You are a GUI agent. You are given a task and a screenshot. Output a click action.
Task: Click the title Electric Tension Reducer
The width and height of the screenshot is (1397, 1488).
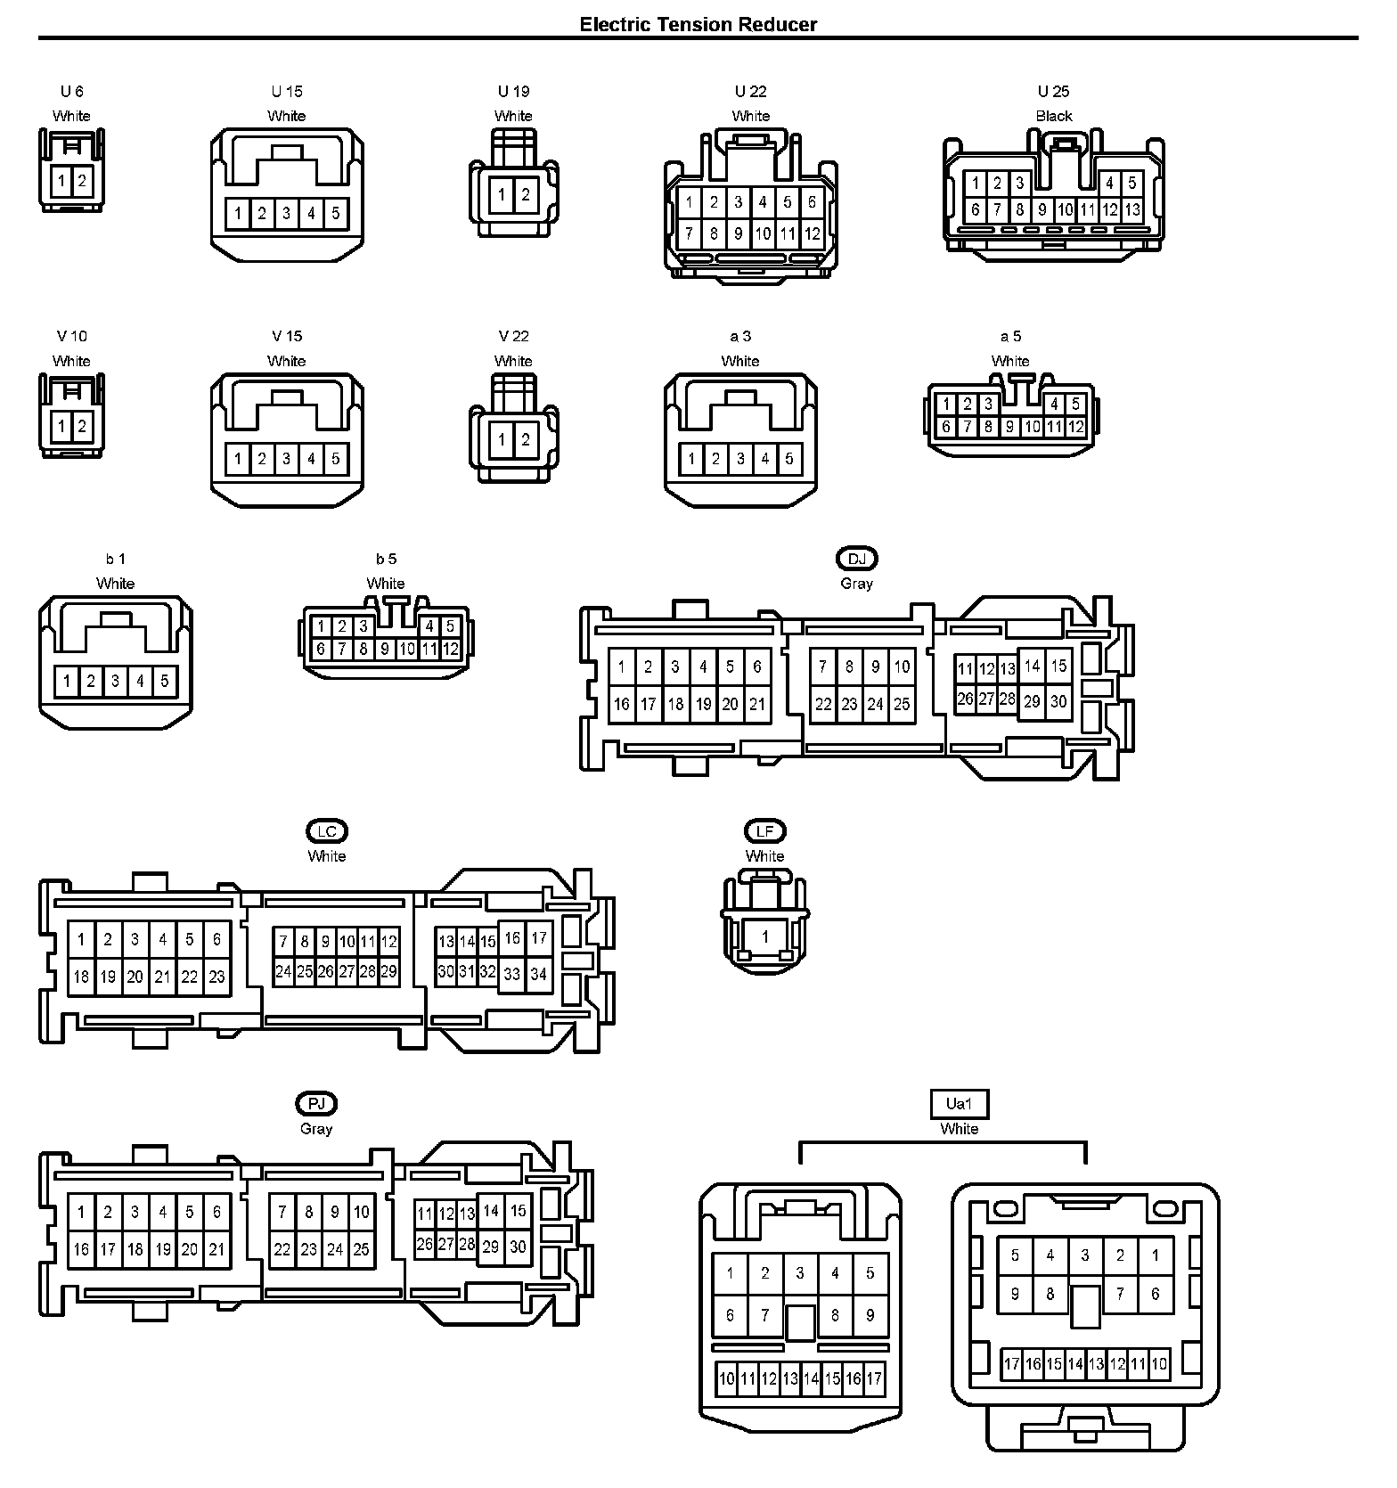pyautogui.click(x=698, y=24)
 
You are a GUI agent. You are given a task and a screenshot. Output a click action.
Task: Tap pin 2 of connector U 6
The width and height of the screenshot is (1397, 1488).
pyautogui.click(x=82, y=181)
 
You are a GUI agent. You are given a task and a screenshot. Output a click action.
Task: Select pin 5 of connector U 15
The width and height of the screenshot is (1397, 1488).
pyautogui.click(x=336, y=214)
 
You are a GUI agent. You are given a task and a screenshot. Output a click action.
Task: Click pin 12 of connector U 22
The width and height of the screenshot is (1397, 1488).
pyautogui.click(x=812, y=234)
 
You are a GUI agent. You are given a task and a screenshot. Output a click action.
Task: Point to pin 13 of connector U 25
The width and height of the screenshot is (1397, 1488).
pyautogui.click(x=1131, y=210)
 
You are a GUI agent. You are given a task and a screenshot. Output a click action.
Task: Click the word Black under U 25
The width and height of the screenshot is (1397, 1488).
pyautogui.click(x=1053, y=116)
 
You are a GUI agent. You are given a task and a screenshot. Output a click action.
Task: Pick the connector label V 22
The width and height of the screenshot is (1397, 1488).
pyautogui.click(x=513, y=336)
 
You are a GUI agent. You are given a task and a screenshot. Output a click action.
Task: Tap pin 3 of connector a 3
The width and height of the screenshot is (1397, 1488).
pyautogui.click(x=740, y=459)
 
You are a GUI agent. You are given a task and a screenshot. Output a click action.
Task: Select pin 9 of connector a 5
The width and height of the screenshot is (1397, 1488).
pyautogui.click(x=1010, y=427)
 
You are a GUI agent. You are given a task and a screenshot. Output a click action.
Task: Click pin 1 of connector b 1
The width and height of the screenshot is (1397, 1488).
pyautogui.click(x=67, y=682)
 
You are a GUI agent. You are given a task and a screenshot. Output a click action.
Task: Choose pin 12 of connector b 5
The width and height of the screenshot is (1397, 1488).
pyautogui.click(x=451, y=649)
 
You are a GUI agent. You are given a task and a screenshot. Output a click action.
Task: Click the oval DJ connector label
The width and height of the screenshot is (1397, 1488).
pyautogui.click(x=856, y=559)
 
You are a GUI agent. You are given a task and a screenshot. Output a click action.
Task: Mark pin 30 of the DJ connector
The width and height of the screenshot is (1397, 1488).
pyautogui.click(x=1058, y=701)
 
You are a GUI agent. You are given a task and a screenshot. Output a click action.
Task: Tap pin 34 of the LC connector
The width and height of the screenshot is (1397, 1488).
pyautogui.click(x=538, y=974)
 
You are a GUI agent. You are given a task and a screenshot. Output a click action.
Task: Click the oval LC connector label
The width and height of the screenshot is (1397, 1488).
pyautogui.click(x=326, y=831)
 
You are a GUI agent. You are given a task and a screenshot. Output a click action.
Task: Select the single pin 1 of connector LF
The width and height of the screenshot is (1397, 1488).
pyautogui.click(x=764, y=937)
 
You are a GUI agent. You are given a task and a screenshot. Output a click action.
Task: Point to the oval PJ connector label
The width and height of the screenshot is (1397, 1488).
pyautogui.click(x=316, y=1104)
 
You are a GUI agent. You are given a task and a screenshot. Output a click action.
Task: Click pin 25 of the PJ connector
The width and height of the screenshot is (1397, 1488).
pyautogui.click(x=361, y=1249)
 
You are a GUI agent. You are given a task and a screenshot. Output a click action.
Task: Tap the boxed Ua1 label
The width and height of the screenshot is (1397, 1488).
pyautogui.click(x=959, y=1104)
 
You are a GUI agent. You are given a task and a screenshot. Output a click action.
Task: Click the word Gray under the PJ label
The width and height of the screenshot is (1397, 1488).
pyautogui.click(x=316, y=1129)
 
